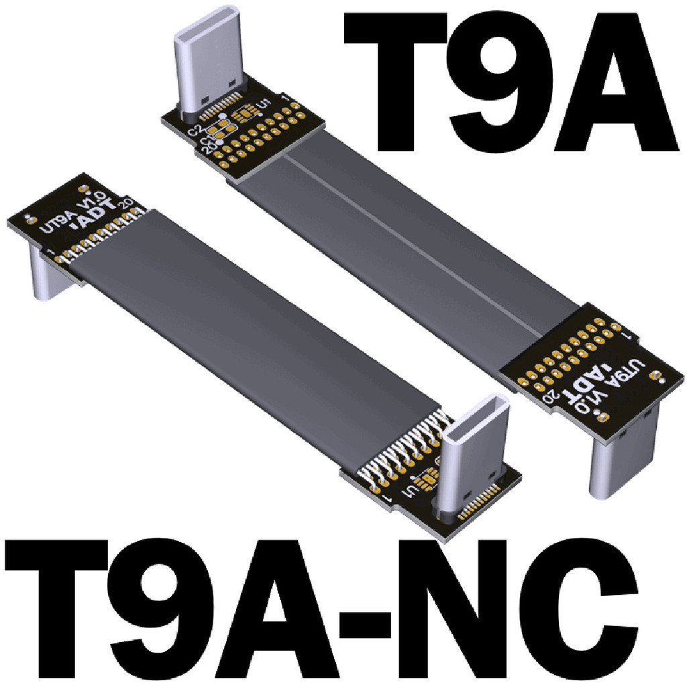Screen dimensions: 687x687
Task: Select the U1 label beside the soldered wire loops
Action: [x=407, y=494]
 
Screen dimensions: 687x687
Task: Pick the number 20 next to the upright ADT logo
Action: [x=124, y=202]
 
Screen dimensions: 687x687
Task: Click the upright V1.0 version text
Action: [x=92, y=199]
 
